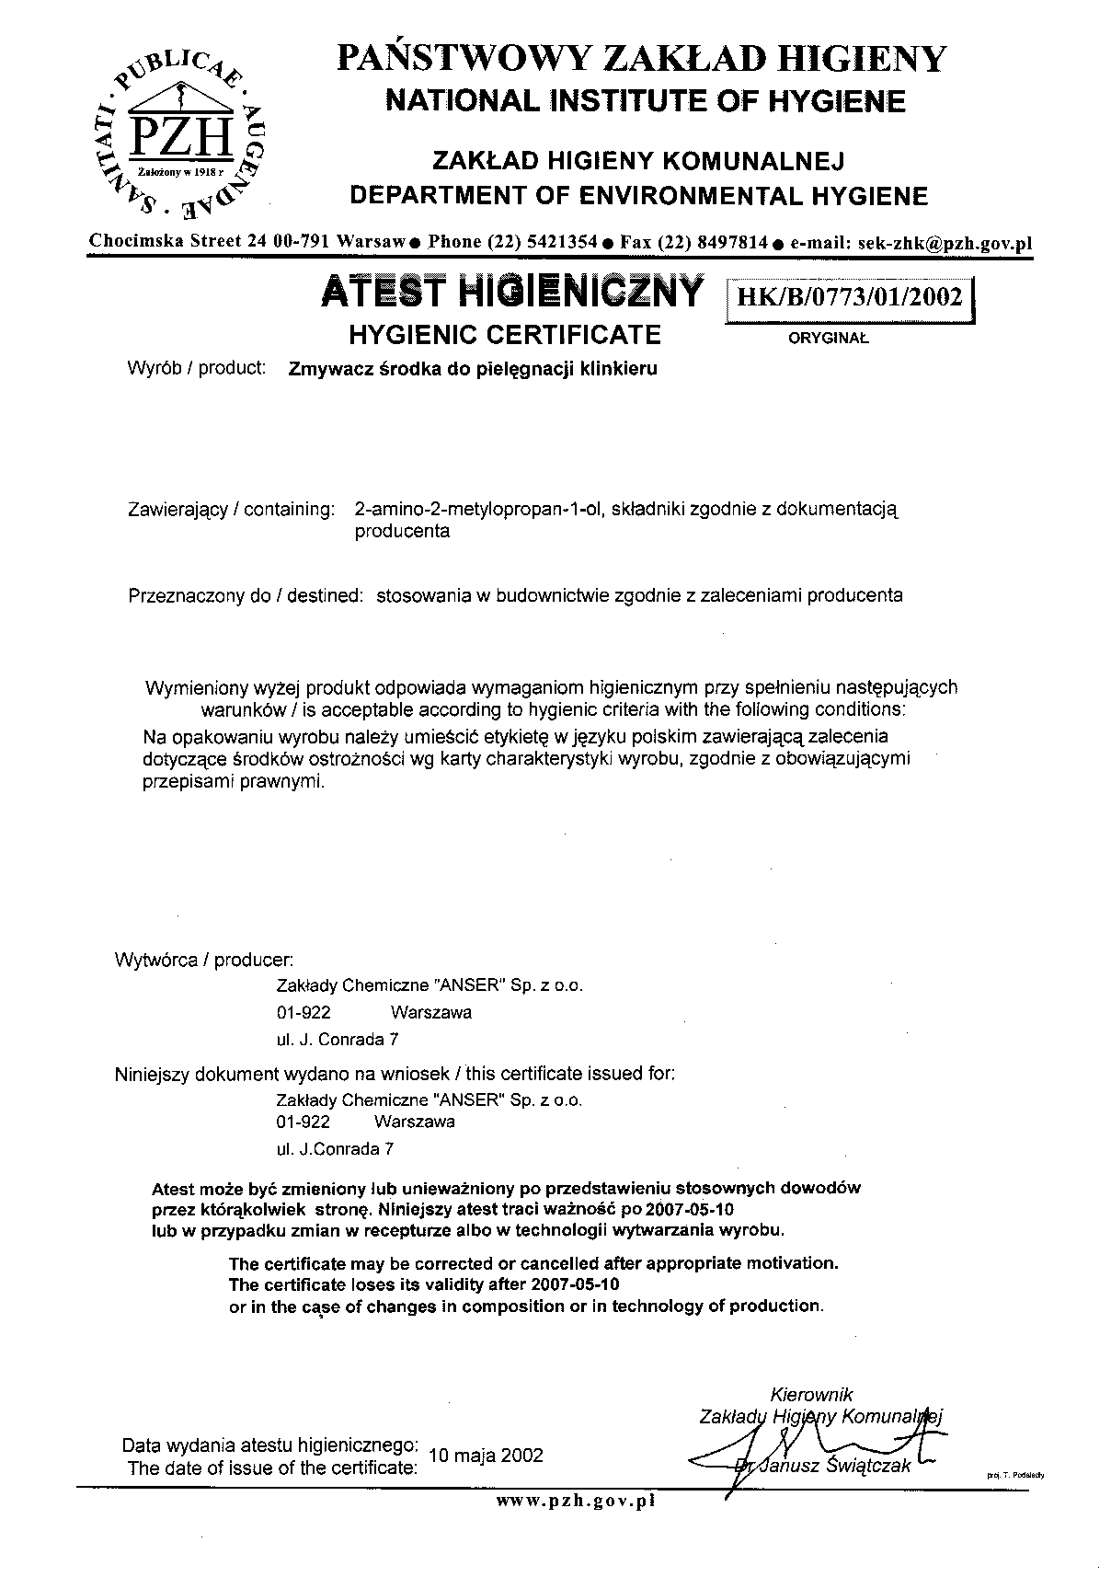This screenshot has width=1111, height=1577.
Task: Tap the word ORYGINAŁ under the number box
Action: pos(828,338)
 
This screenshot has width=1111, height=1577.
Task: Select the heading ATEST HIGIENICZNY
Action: pos(512,293)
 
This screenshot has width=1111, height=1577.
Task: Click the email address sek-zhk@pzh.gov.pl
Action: pos(945,243)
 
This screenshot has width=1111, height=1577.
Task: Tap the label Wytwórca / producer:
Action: pos(204,961)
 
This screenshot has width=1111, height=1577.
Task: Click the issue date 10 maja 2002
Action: pos(486,1456)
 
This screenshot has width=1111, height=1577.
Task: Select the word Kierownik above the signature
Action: pos(811,1395)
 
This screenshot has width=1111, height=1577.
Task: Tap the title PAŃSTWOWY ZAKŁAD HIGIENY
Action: pos(641,59)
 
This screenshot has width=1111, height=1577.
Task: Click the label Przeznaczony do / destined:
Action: pos(246,595)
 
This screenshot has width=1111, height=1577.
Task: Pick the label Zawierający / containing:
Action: pos(230,509)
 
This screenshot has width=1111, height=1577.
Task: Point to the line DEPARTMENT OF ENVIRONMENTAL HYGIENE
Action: pos(641,196)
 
